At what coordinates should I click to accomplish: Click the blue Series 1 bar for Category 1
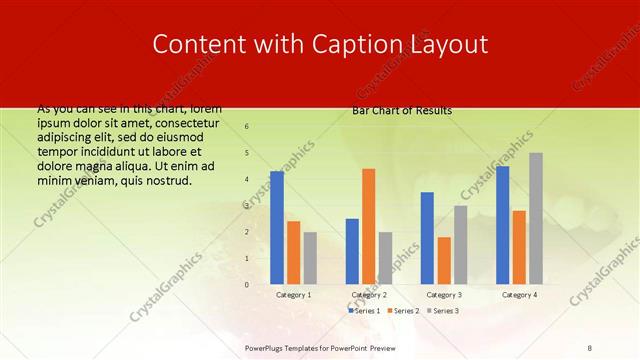pos(277,228)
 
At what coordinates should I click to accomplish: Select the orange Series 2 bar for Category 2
pos(368,227)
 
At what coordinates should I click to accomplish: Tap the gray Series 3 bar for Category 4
pos(535,219)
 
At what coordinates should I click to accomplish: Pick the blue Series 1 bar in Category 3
pos(427,238)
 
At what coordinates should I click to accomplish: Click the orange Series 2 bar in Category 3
pos(443,261)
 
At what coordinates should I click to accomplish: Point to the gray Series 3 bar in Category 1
pos(310,258)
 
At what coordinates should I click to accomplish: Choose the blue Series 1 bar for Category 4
pos(503,225)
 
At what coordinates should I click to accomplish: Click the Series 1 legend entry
pos(365,311)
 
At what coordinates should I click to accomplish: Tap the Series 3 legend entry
pos(443,311)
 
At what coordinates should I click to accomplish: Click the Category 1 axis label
pos(294,296)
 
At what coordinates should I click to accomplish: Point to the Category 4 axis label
pos(519,296)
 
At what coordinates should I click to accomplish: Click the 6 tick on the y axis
pos(247,127)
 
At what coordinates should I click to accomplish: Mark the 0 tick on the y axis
pos(247,285)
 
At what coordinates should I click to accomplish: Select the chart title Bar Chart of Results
pos(402,110)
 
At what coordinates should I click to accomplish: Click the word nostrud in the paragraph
pos(167,180)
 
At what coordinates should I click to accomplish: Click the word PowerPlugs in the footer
pos(268,346)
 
